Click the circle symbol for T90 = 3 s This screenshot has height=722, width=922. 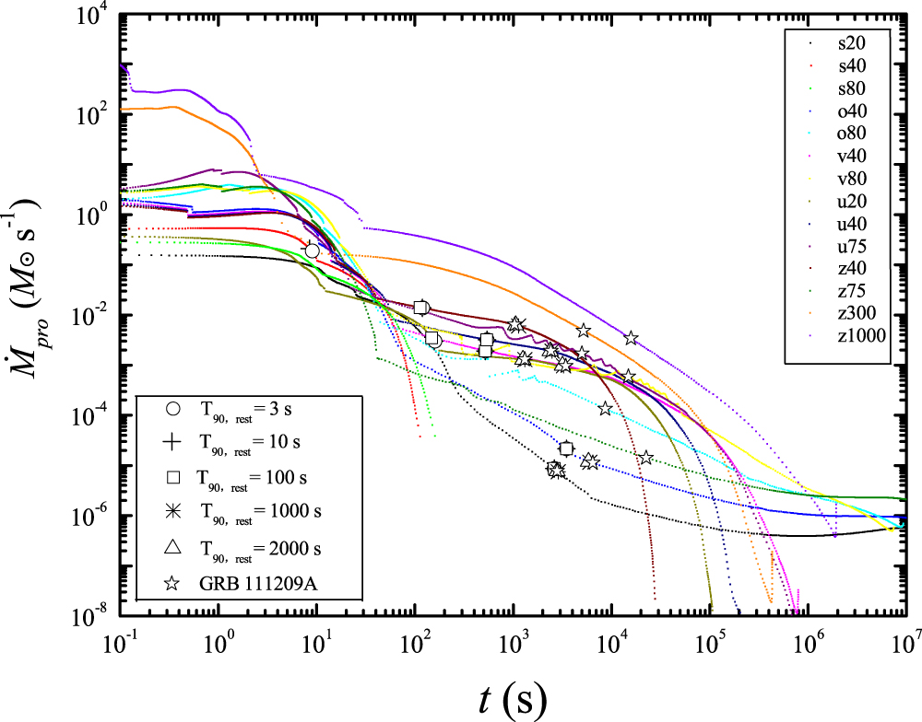(171, 410)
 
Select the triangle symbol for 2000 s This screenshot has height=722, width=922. (171, 548)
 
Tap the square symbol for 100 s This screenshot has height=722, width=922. (171, 478)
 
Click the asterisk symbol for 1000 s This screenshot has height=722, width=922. (171, 513)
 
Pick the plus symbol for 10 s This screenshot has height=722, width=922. (171, 444)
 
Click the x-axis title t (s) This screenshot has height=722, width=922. (513, 699)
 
